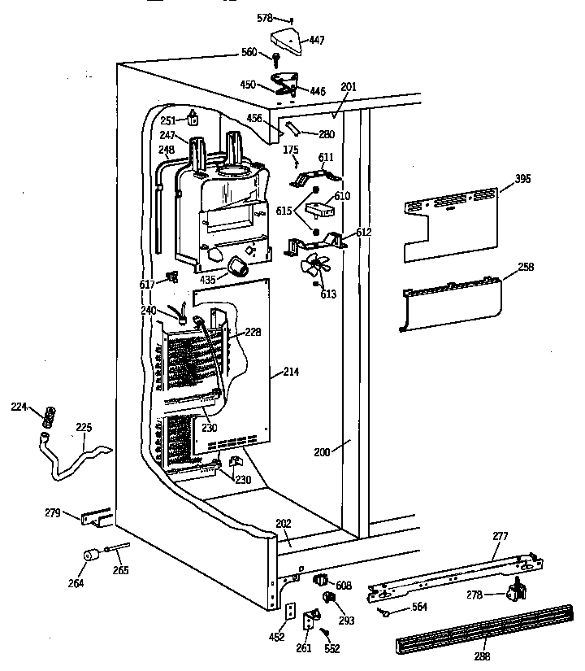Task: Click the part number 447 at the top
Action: click(316, 40)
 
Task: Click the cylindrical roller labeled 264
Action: click(91, 558)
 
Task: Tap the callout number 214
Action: click(290, 373)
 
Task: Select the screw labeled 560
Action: click(277, 58)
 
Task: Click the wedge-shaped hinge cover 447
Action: click(284, 36)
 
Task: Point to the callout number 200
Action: click(322, 452)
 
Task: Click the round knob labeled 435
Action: click(238, 266)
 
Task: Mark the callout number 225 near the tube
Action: click(84, 426)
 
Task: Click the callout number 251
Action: click(168, 120)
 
